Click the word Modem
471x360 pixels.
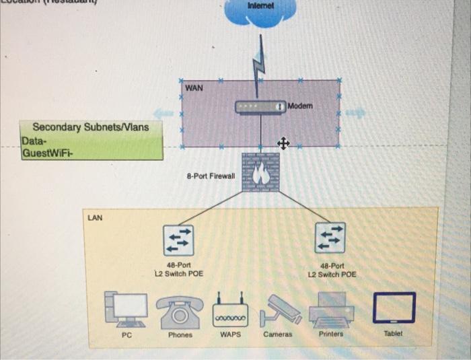[x=300, y=106]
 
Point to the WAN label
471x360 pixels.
[x=194, y=87]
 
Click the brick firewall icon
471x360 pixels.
[x=260, y=172]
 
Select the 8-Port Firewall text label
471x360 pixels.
[x=211, y=176]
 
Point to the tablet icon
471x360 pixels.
[x=393, y=307]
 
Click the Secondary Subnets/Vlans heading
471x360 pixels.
[x=91, y=127]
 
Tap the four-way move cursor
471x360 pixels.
[x=283, y=143]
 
